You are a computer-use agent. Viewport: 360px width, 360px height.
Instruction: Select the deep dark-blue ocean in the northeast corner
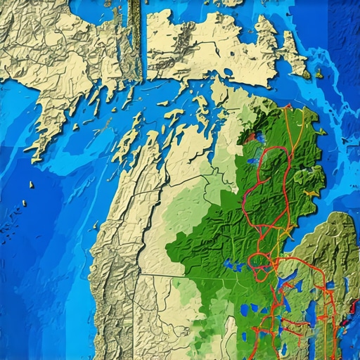point(345,14)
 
